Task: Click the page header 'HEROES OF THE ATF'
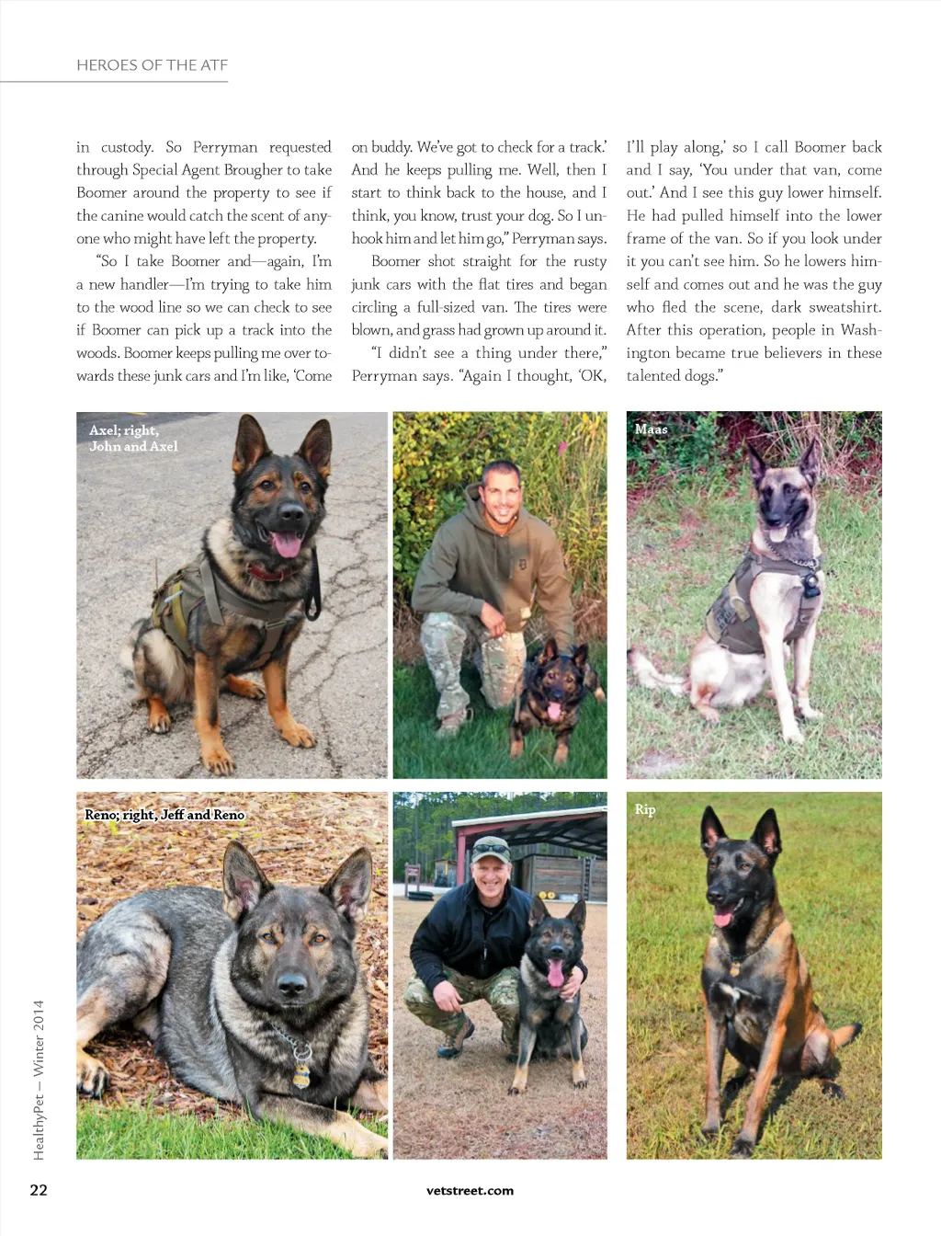tap(152, 65)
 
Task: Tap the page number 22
tap(39, 1190)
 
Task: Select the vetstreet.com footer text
tap(470, 1191)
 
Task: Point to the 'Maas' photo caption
tap(651, 429)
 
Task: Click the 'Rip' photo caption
tap(645, 809)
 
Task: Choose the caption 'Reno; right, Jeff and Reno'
tap(164, 815)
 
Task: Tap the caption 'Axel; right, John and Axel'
tap(133, 438)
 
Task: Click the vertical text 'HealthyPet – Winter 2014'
tap(39, 1080)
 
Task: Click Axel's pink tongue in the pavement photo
tap(287, 544)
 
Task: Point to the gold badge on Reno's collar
tap(301, 1073)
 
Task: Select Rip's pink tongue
tap(723, 918)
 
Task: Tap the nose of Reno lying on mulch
tap(291, 984)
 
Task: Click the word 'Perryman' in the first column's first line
tap(225, 147)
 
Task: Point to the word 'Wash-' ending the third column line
tap(860, 330)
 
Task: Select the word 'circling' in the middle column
tap(374, 307)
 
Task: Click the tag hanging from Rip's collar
tap(734, 969)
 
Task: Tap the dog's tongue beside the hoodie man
tap(554, 711)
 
